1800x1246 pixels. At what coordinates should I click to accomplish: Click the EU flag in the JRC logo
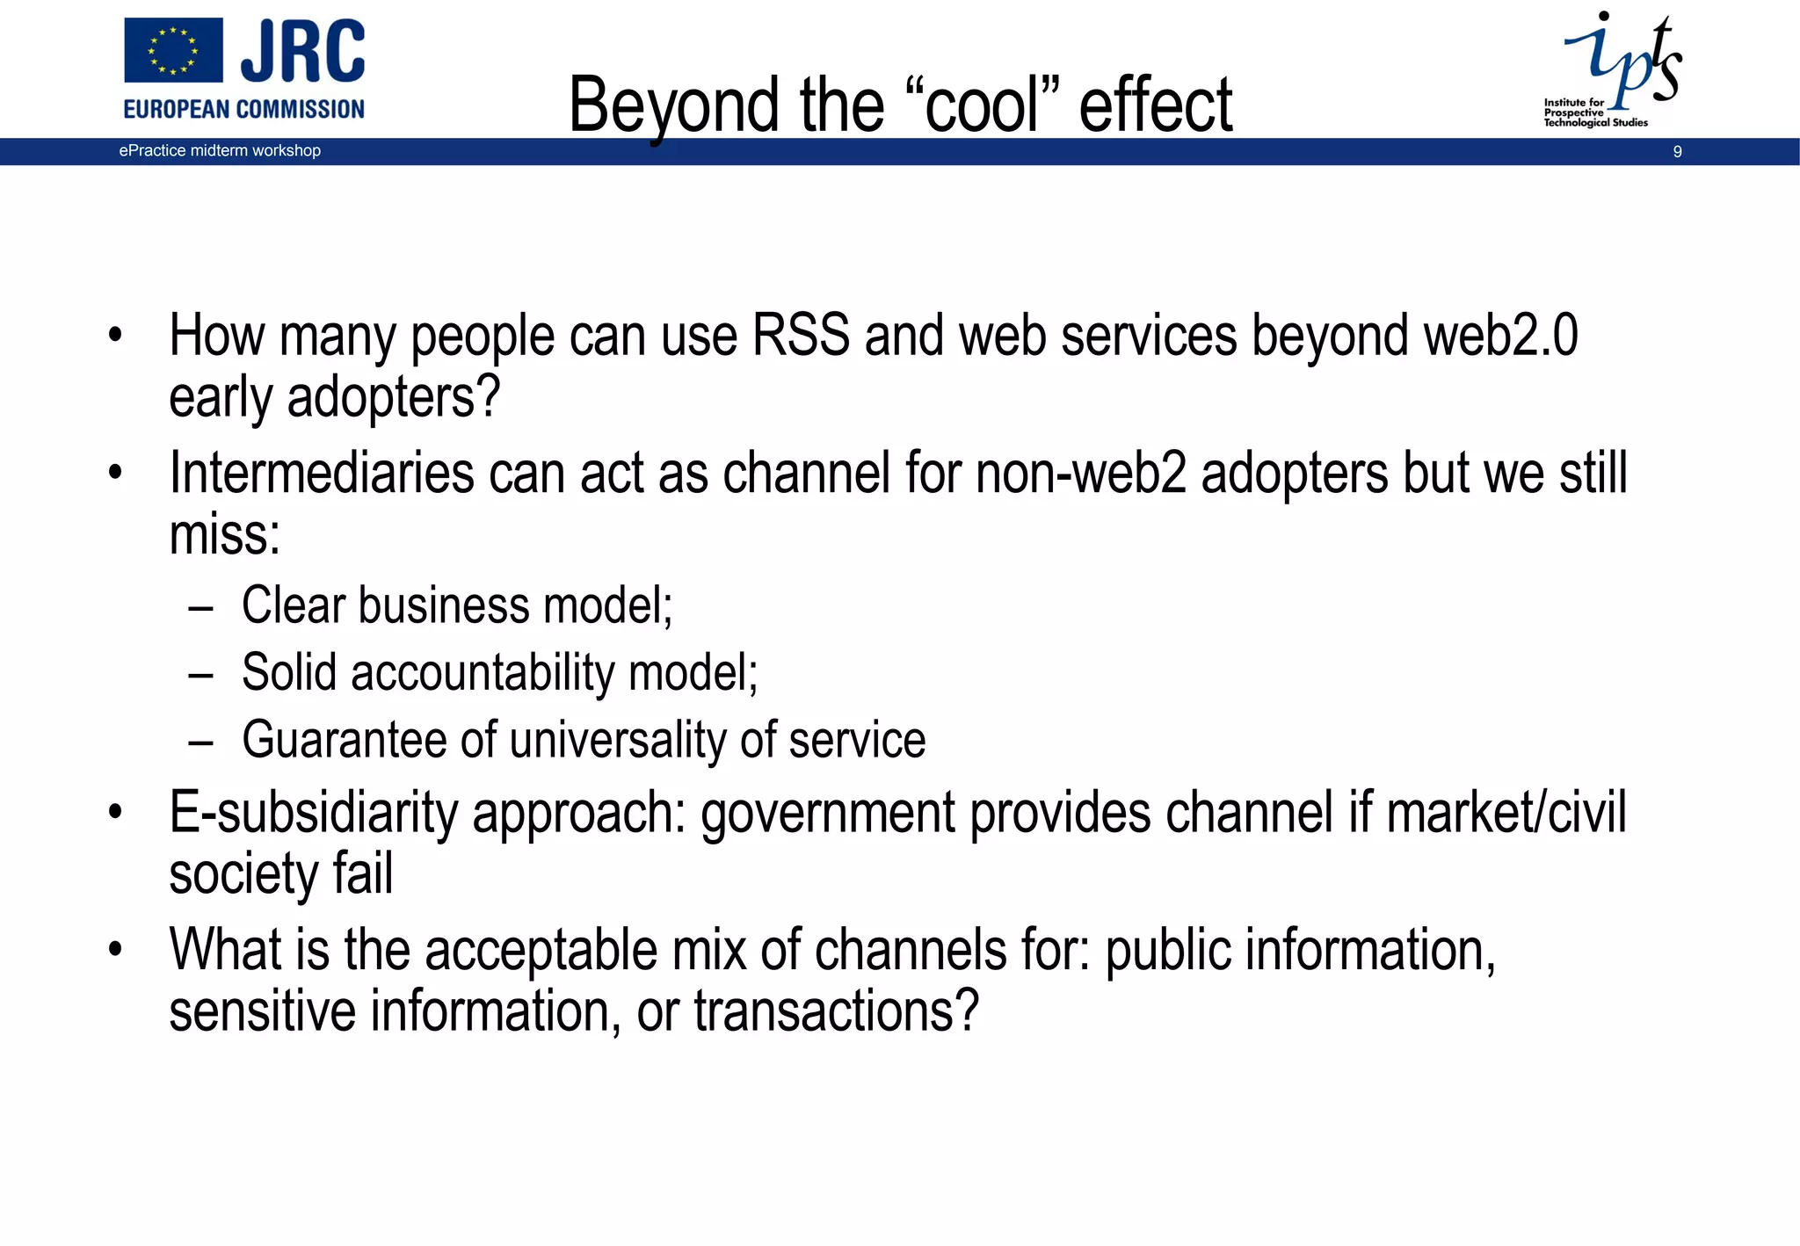tap(173, 50)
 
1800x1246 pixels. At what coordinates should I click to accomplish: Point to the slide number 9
tap(1677, 152)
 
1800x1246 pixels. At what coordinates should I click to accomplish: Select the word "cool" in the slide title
tap(983, 105)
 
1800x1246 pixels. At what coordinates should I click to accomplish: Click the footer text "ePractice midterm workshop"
tap(220, 150)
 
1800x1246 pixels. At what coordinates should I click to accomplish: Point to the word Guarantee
tap(344, 740)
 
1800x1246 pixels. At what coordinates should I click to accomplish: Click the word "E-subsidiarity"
tap(313, 812)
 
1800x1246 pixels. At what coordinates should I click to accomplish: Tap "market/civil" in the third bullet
tap(1506, 812)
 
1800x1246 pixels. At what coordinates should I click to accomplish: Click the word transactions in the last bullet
tap(836, 1011)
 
